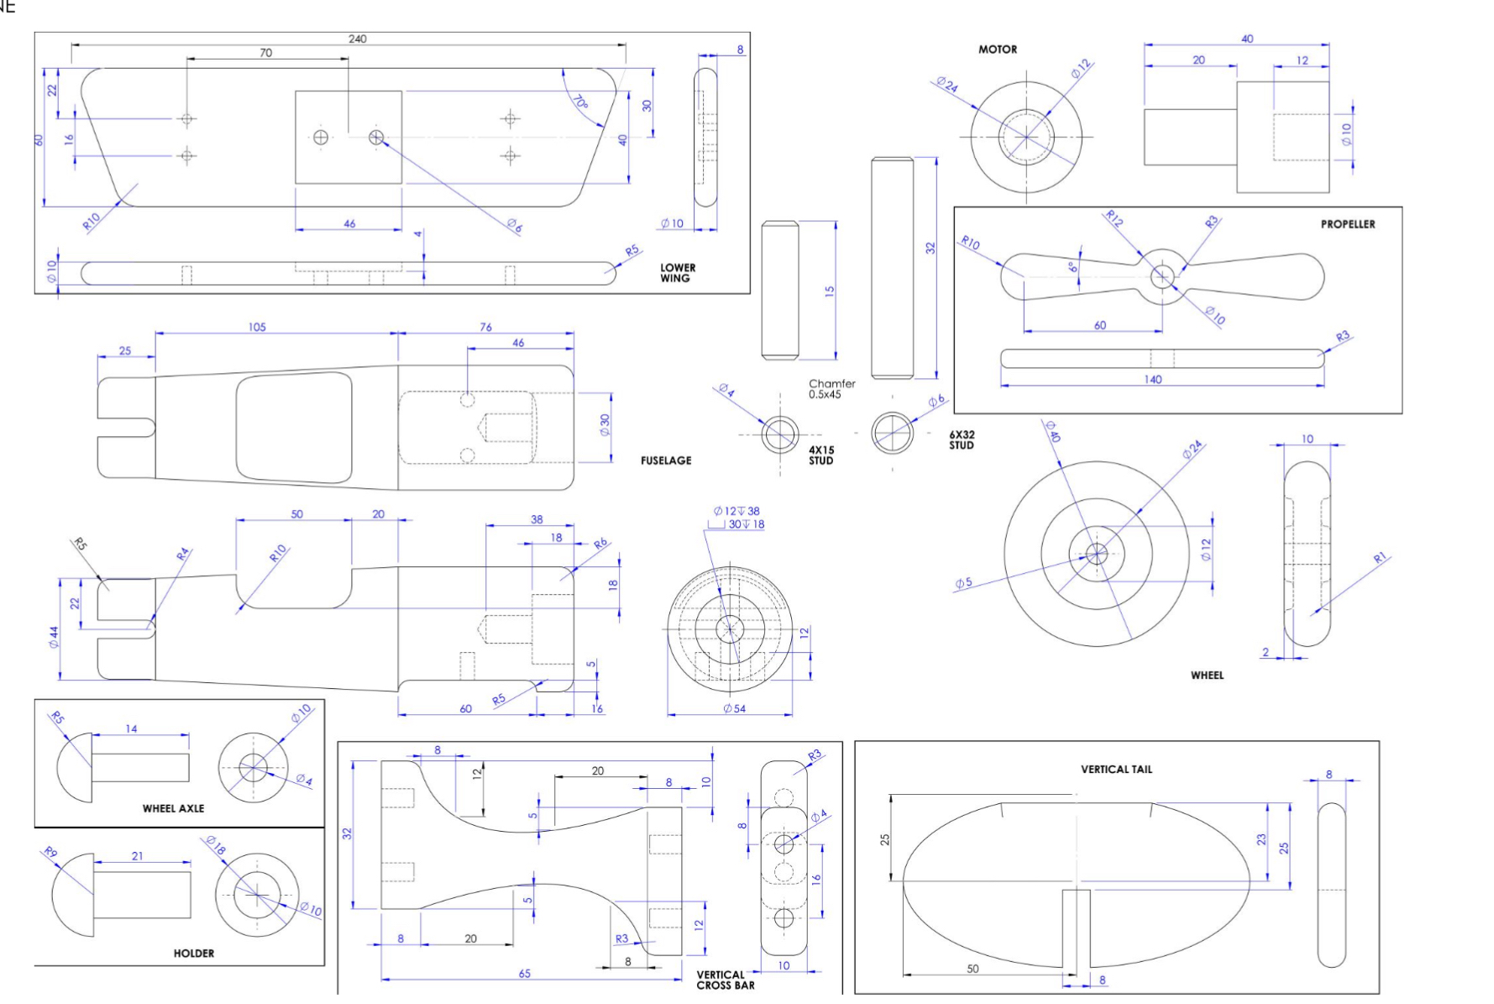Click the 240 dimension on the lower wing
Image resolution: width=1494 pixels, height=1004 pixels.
tap(357, 39)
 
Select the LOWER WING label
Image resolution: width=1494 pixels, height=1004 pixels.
tap(677, 273)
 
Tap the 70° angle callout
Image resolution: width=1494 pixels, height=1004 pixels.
tap(580, 103)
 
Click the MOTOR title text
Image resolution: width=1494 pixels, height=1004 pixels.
tap(997, 50)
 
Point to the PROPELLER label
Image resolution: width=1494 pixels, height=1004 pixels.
tap(1347, 224)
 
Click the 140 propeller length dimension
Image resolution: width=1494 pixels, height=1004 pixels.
tap(1152, 380)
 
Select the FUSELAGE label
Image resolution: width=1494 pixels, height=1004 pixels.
tap(665, 460)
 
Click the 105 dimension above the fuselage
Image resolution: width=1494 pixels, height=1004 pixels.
tap(257, 328)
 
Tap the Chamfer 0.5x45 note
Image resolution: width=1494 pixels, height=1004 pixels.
tap(831, 389)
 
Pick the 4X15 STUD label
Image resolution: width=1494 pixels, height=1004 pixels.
tap(820, 455)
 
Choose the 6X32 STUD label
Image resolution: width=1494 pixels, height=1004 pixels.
tap(961, 440)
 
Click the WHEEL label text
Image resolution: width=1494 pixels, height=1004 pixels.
tap(1206, 675)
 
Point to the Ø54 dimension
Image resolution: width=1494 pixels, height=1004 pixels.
tap(734, 709)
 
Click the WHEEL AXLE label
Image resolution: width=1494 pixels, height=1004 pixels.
tap(173, 808)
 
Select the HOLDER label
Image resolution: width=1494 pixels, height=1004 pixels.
tap(193, 954)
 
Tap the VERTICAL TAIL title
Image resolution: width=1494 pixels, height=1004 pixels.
tap(1115, 770)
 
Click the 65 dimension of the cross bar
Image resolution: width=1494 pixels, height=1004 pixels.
tap(524, 974)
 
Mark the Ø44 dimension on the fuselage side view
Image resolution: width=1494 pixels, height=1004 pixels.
tap(54, 637)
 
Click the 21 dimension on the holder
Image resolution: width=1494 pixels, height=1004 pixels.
tap(137, 856)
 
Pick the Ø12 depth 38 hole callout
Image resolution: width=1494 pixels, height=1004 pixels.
tap(736, 511)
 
